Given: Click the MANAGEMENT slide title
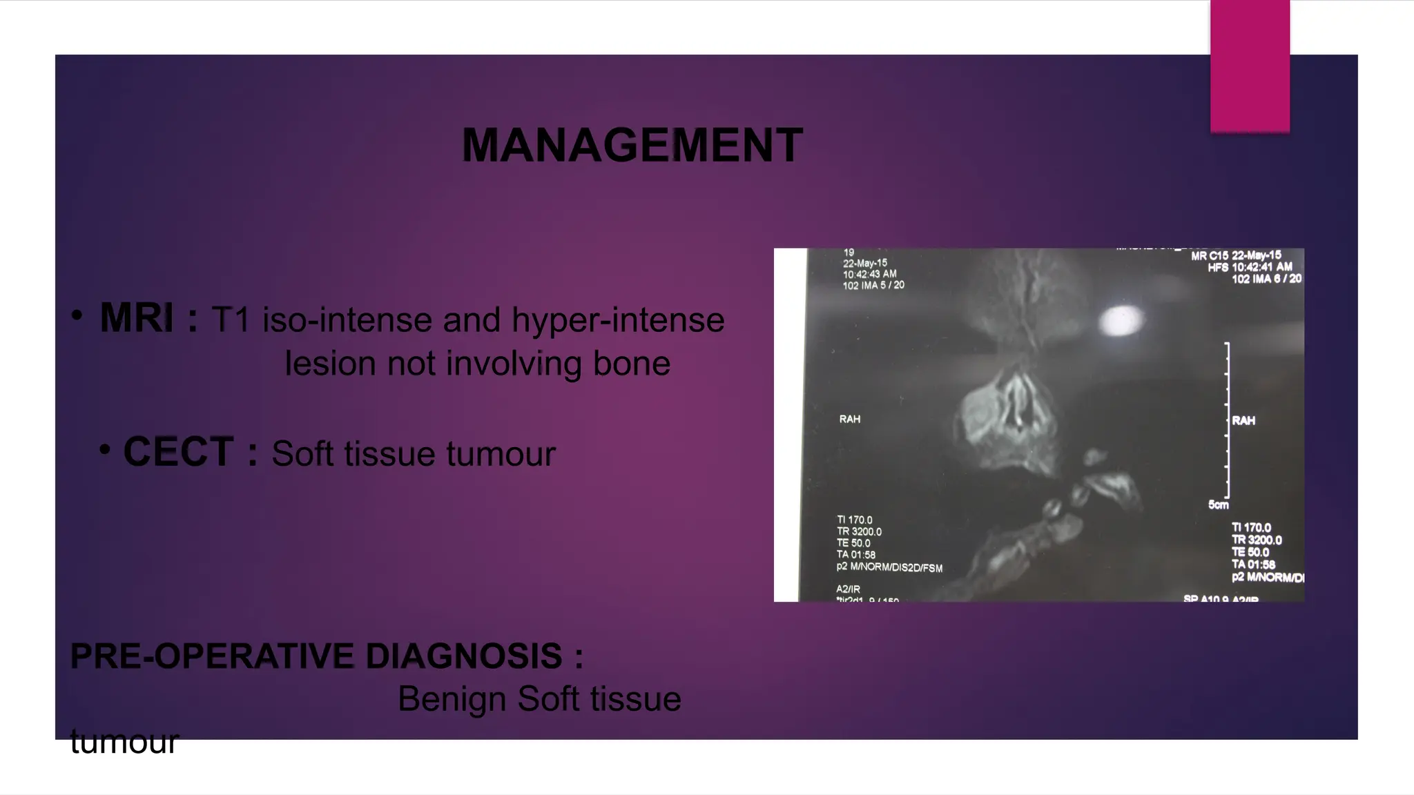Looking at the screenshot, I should pyautogui.click(x=632, y=146).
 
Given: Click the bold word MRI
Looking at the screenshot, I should pyautogui.click(x=137, y=318).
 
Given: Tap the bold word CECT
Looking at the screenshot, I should pyautogui.click(x=178, y=452).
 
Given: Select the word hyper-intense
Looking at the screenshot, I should pyautogui.click(x=618, y=320).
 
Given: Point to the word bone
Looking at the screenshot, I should pyautogui.click(x=632, y=364).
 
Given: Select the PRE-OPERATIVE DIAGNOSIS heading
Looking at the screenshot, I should pyautogui.click(x=327, y=656).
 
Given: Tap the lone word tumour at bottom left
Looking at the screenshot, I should pyautogui.click(x=124, y=742).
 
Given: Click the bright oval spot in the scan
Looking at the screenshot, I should pyautogui.click(x=1121, y=321).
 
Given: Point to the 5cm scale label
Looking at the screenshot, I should pyautogui.click(x=1218, y=505).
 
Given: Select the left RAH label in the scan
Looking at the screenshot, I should pyautogui.click(x=849, y=419).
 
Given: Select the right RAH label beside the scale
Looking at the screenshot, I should pyautogui.click(x=1243, y=420).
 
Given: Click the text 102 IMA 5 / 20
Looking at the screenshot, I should pyautogui.click(x=873, y=285).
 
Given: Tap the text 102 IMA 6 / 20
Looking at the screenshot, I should pyautogui.click(x=1266, y=279).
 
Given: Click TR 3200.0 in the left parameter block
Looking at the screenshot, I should pyautogui.click(x=859, y=531).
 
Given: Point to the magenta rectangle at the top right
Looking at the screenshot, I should pyautogui.click(x=1250, y=66).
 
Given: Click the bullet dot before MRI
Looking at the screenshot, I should pyautogui.click(x=77, y=316).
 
